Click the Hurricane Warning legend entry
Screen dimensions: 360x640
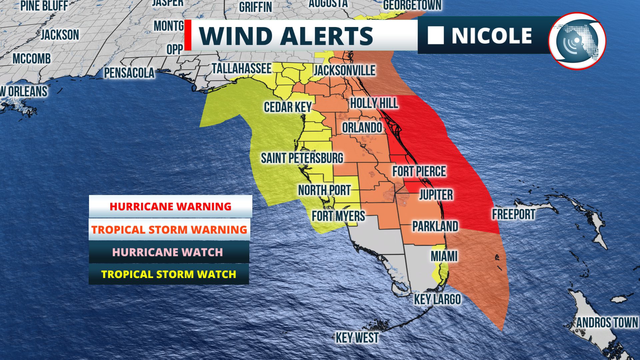click(x=170, y=206)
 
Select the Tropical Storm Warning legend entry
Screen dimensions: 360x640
click(x=169, y=230)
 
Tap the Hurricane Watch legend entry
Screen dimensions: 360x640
click(x=168, y=252)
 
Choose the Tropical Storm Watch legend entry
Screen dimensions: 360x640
click(x=169, y=274)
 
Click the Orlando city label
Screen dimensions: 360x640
click(x=362, y=128)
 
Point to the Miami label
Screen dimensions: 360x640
click(x=444, y=256)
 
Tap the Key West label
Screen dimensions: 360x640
click(x=357, y=338)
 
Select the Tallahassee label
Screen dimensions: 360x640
click(x=242, y=69)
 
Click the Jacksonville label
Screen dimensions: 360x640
click(x=345, y=70)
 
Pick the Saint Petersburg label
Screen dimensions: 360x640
click(x=302, y=158)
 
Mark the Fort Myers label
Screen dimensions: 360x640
click(x=338, y=216)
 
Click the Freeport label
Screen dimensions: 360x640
click(x=513, y=214)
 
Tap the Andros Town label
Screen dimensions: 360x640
click(x=607, y=323)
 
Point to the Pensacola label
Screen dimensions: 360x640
click(x=129, y=73)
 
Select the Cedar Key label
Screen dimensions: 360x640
click(x=288, y=107)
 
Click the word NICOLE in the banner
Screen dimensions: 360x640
click(x=492, y=36)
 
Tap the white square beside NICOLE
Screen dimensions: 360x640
click(x=436, y=35)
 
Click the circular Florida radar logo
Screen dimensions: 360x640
click(x=577, y=41)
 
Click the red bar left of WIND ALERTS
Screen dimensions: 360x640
click(x=188, y=35)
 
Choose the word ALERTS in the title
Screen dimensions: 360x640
click(x=326, y=36)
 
